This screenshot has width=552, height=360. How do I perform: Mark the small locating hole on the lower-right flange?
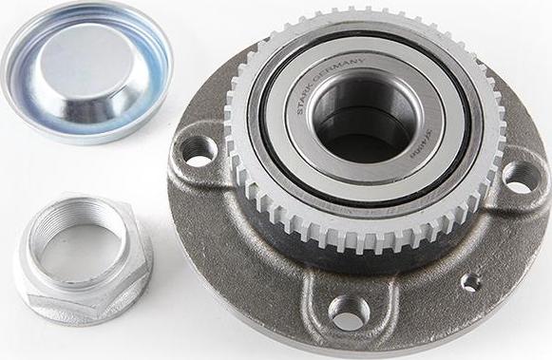pos(469,282)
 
